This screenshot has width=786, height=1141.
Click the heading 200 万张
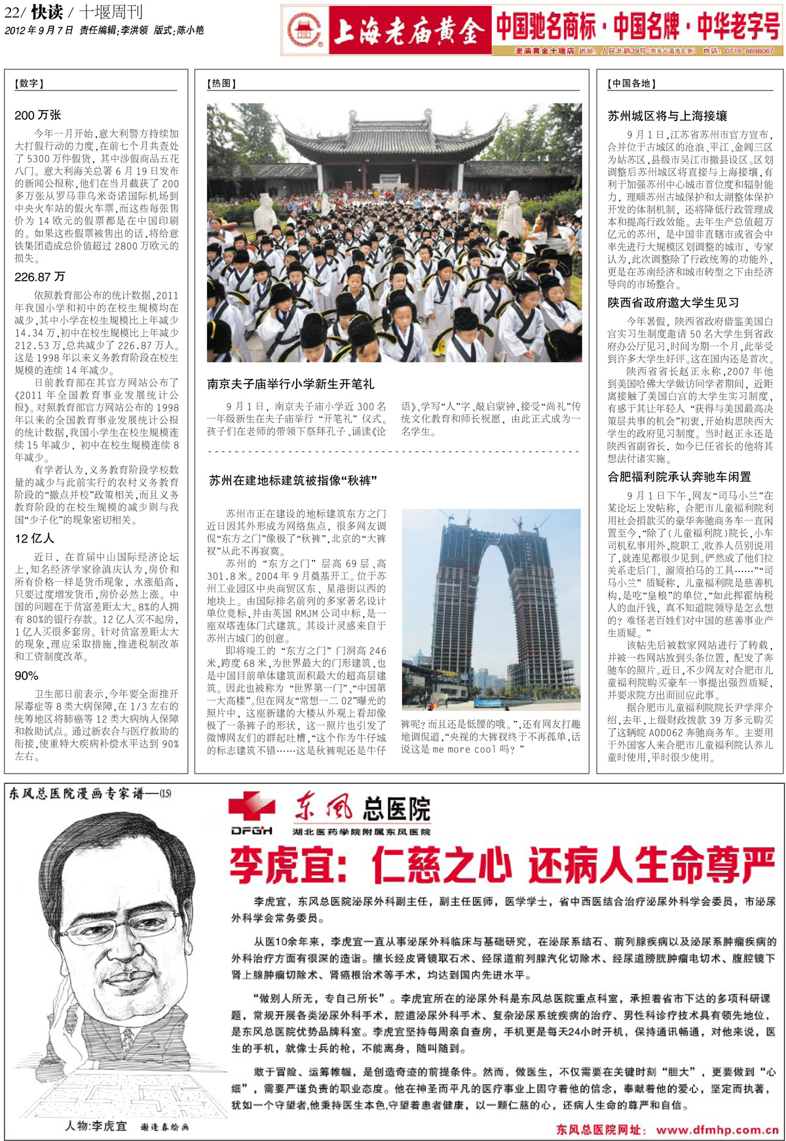click(37, 115)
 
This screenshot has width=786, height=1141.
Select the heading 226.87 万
click(39, 277)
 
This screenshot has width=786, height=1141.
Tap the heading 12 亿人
click(34, 538)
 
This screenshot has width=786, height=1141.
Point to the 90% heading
click(26, 676)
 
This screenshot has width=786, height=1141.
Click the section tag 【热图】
click(221, 83)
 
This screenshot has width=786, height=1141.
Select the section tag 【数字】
click(29, 83)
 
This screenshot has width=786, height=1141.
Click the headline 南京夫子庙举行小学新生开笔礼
click(291, 384)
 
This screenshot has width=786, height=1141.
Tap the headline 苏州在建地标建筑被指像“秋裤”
click(293, 480)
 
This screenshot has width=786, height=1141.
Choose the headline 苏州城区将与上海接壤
click(667, 116)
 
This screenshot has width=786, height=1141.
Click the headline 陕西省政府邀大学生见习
click(673, 302)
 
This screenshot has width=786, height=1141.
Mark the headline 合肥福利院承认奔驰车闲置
click(679, 477)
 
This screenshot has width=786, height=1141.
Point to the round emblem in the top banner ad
click(305, 30)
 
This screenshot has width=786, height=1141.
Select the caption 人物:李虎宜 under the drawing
click(96, 1126)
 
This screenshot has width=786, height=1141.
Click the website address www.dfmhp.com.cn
click(717, 1129)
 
